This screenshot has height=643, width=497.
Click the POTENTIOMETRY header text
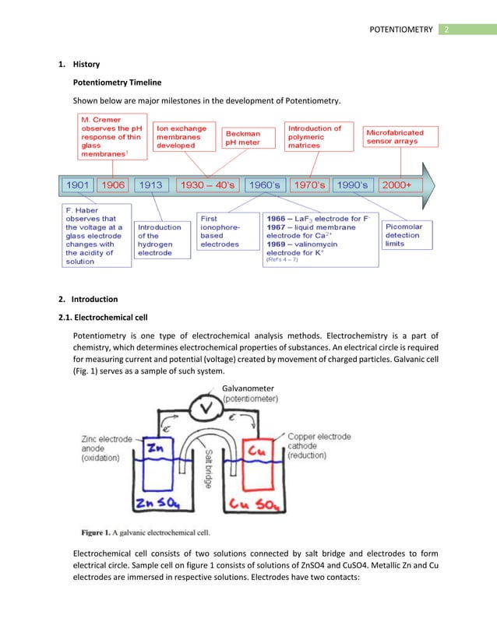click(x=401, y=30)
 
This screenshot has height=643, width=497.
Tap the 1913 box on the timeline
click(x=151, y=186)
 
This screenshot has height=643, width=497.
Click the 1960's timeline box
click(x=263, y=186)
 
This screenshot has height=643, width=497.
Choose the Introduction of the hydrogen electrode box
click(x=159, y=241)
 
